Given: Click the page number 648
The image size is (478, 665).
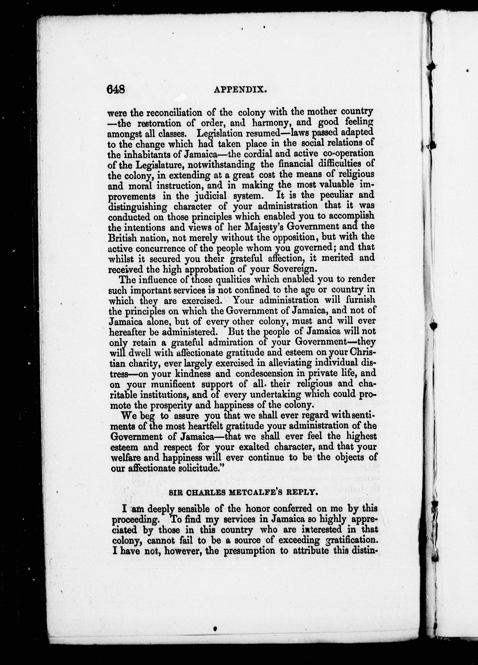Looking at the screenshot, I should (x=116, y=89).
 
